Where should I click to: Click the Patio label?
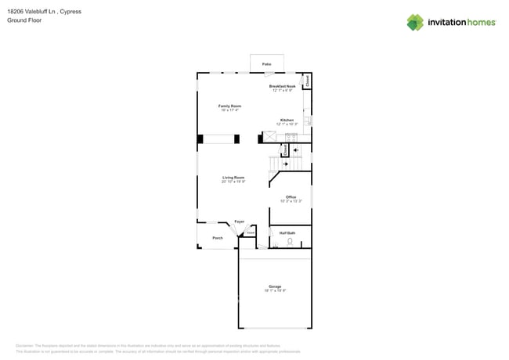click(x=266, y=63)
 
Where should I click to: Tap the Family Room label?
click(x=229, y=106)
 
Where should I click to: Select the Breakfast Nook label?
click(x=282, y=86)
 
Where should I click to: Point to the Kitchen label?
click(x=287, y=120)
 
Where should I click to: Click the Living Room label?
click(x=233, y=178)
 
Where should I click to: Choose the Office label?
click(x=291, y=197)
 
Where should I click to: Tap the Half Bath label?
click(x=287, y=232)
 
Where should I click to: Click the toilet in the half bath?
click(x=290, y=243)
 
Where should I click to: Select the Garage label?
click(x=275, y=287)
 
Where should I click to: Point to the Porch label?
click(x=218, y=238)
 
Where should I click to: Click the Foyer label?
click(x=239, y=221)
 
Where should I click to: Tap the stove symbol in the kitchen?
click(x=291, y=137)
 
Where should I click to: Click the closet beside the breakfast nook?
click(x=307, y=80)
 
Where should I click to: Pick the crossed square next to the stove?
click(x=270, y=137)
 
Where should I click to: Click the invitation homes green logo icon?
click(x=415, y=22)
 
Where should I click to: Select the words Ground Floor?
click(x=25, y=20)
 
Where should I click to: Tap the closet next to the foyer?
click(x=251, y=232)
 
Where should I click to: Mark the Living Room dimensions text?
click(x=233, y=182)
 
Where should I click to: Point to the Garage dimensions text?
click(x=275, y=291)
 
